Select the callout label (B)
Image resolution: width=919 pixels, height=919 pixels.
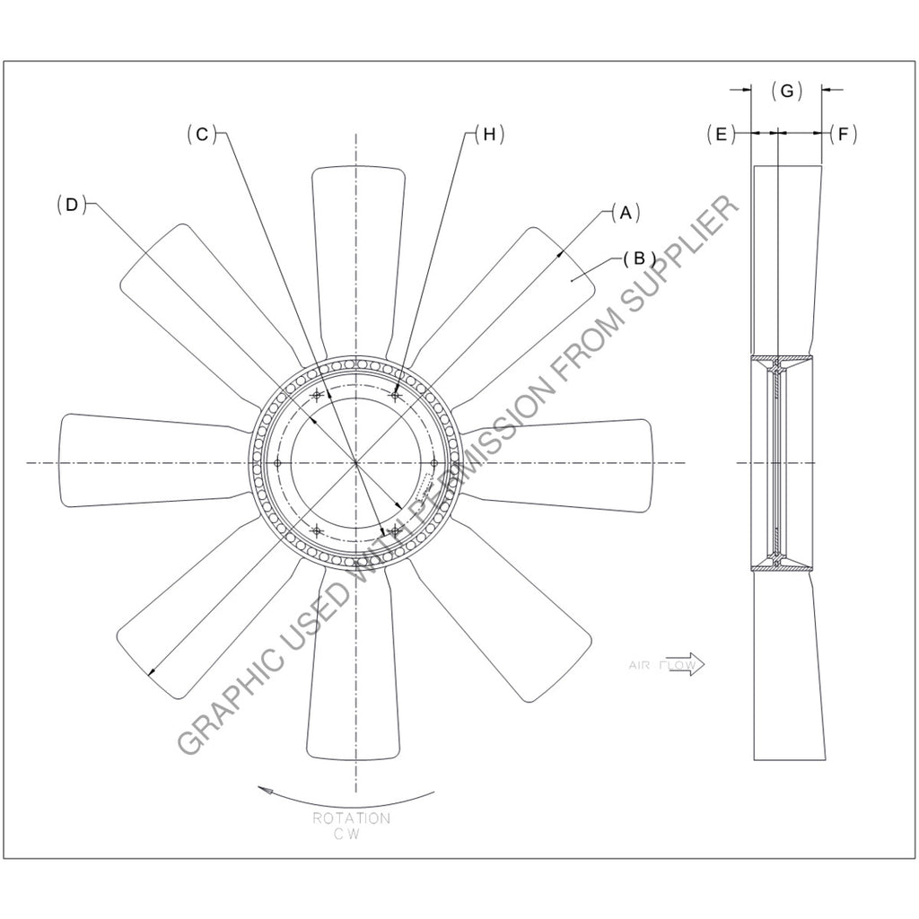(x=638, y=258)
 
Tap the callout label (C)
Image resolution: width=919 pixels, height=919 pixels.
(x=202, y=134)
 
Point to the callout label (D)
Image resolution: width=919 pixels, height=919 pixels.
(x=71, y=205)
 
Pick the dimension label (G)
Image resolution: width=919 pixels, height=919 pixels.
(x=786, y=91)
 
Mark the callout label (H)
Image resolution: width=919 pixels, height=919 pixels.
(x=489, y=134)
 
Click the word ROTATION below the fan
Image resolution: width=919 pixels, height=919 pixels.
(x=351, y=818)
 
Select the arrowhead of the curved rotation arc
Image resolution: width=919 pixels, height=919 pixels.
(x=263, y=789)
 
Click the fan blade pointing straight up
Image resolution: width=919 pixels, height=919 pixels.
(x=356, y=251)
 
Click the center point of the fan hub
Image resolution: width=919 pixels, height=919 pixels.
(x=356, y=463)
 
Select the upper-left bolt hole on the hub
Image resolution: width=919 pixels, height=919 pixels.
(x=316, y=395)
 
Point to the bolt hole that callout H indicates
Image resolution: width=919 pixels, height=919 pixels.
(x=395, y=395)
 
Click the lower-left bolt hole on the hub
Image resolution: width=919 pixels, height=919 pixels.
(x=316, y=530)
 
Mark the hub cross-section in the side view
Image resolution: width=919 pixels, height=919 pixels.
(x=778, y=463)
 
